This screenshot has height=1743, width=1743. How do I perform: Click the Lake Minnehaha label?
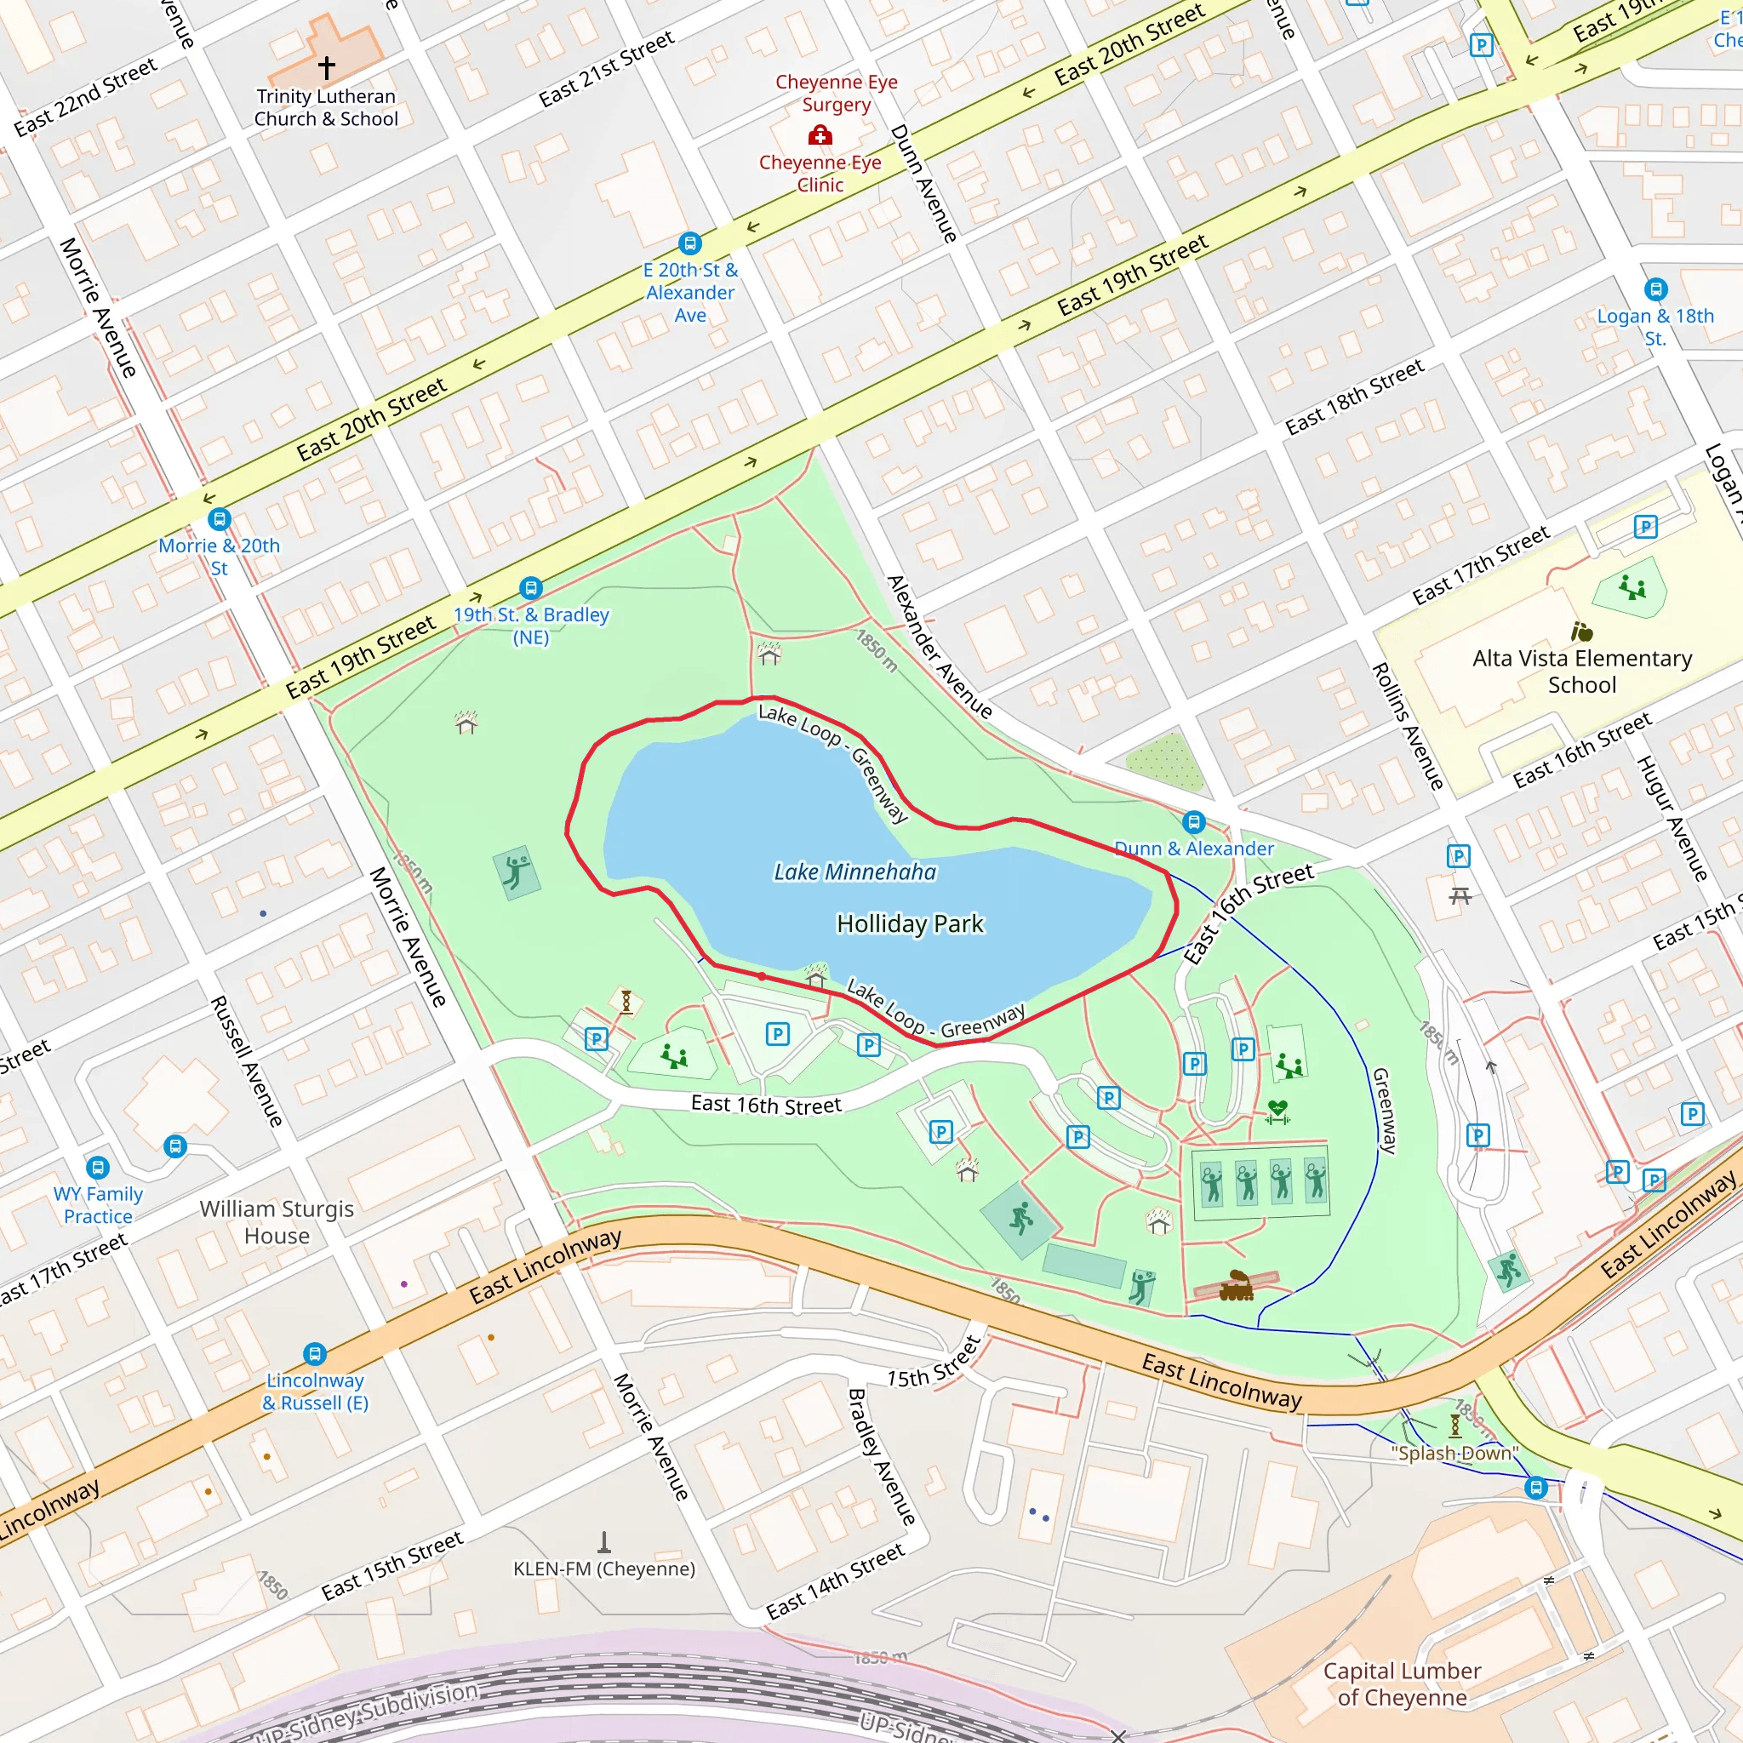pyautogui.click(x=854, y=871)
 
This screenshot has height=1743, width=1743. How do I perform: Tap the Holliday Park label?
pyautogui.click(x=910, y=923)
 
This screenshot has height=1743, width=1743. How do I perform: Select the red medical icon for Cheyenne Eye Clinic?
pyautogui.click(x=820, y=136)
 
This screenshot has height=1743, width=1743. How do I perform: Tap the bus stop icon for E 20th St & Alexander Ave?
pyautogui.click(x=690, y=243)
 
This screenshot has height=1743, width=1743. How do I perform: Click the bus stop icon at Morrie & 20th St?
pyautogui.click(x=220, y=520)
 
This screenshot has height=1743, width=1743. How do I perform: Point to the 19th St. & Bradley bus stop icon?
pyautogui.click(x=531, y=588)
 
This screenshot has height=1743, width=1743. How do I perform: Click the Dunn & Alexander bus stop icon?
pyautogui.click(x=1193, y=822)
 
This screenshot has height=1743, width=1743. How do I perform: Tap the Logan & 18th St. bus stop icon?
pyautogui.click(x=1655, y=289)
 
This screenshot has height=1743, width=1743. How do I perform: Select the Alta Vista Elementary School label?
pyautogui.click(x=1581, y=671)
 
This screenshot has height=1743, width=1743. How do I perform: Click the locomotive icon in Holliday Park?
pyautogui.click(x=1236, y=1286)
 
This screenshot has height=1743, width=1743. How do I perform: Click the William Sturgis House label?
pyautogui.click(x=277, y=1221)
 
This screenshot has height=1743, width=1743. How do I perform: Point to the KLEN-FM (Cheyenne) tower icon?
pyautogui.click(x=604, y=1541)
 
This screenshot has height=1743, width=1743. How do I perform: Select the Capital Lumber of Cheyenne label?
pyautogui.click(x=1401, y=1683)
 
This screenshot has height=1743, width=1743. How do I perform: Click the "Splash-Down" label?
pyautogui.click(x=1454, y=1454)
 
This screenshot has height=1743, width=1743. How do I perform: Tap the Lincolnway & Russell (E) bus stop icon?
pyautogui.click(x=314, y=1353)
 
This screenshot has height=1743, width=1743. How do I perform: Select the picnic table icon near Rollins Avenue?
pyautogui.click(x=1460, y=896)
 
